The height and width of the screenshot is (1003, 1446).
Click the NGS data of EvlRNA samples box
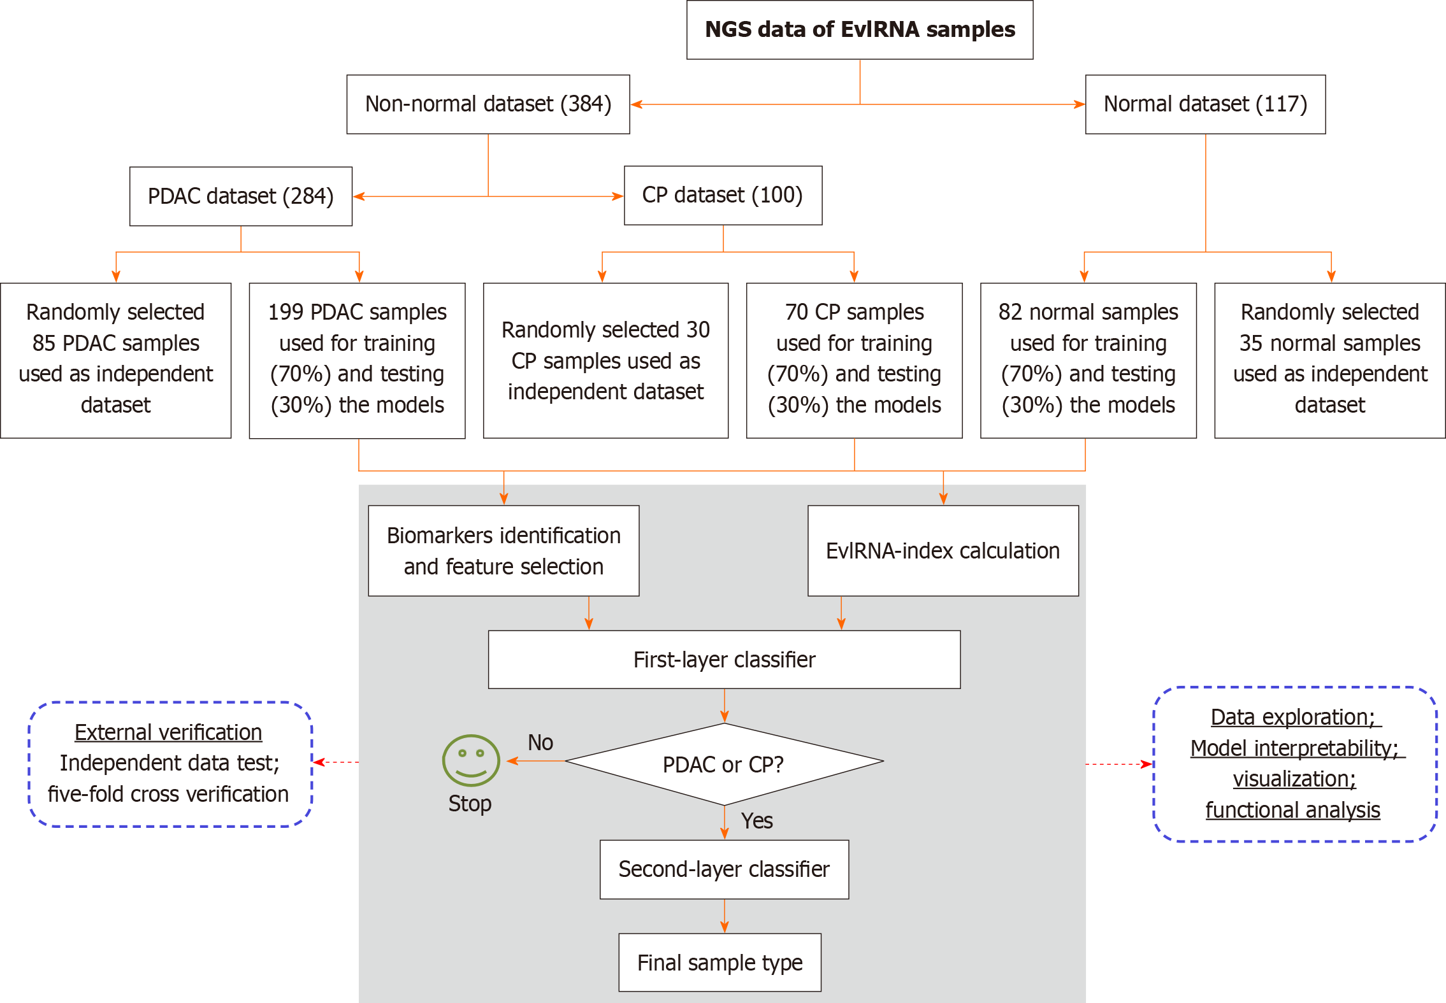point(859,30)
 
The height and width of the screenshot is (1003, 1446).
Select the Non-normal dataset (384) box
point(488,104)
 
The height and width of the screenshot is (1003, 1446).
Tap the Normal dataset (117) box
point(1205,104)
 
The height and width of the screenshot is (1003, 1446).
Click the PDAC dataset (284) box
point(240,196)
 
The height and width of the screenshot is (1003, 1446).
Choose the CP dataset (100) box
point(723,196)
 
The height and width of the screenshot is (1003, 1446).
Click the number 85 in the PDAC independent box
point(44,343)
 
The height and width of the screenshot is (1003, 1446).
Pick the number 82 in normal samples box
point(1011,312)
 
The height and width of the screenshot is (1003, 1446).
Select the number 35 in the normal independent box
point(1251,343)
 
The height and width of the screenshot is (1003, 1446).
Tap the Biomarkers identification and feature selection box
point(503,551)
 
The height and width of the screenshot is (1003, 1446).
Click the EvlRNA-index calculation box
point(943,551)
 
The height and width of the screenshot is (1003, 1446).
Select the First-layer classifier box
point(724,660)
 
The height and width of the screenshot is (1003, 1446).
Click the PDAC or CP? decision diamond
point(724,764)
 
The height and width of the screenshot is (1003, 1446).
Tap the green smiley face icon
point(471,760)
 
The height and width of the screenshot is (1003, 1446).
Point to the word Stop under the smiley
point(470,804)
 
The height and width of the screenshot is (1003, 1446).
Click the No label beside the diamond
point(540,743)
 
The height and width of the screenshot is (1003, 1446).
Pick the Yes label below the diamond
point(756,821)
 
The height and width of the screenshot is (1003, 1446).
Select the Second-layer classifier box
point(724,869)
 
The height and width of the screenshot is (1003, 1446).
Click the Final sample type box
point(719,963)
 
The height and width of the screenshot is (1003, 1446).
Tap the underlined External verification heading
point(168,732)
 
